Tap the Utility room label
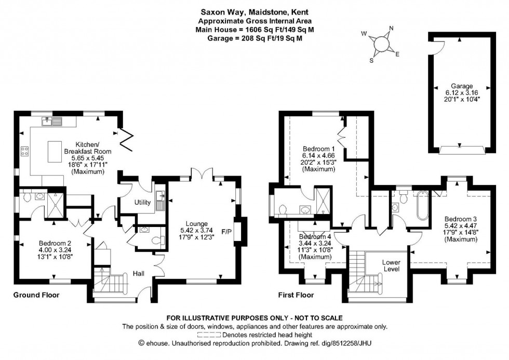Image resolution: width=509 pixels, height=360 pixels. [x=142, y=202]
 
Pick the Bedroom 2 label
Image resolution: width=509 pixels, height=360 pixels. [x=56, y=243]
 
